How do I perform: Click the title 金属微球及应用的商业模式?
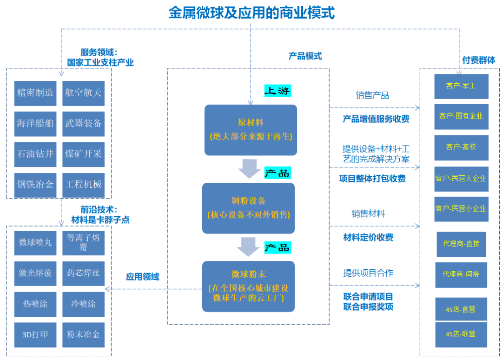[x=251, y=13]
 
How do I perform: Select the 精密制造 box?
[x=35, y=93]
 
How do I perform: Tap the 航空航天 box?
[x=84, y=93]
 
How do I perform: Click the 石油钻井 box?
[x=35, y=154]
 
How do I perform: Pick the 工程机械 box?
[x=84, y=184]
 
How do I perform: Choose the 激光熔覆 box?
[x=35, y=273]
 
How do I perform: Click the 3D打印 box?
[x=35, y=334]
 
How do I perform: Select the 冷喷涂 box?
[x=84, y=304]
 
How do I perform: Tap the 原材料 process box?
[x=251, y=130]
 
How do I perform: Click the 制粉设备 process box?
[x=249, y=208]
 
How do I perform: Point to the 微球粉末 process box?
[x=249, y=286]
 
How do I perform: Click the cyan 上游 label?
[x=277, y=91]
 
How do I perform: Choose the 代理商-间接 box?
[x=461, y=274]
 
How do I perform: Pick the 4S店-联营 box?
[x=461, y=334]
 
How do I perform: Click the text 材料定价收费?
[x=368, y=238]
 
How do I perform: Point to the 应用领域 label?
[x=142, y=277]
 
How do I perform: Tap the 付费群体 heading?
[x=478, y=60]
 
